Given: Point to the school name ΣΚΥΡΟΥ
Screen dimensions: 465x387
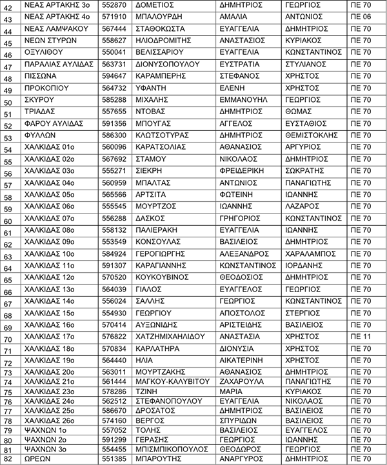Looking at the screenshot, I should pyautogui.click(x=39, y=100).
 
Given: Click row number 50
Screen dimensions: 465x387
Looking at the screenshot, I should pyautogui.click(x=9, y=102).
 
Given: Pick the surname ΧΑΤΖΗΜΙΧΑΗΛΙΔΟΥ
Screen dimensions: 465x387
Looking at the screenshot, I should pyautogui.click(x=169, y=336).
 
